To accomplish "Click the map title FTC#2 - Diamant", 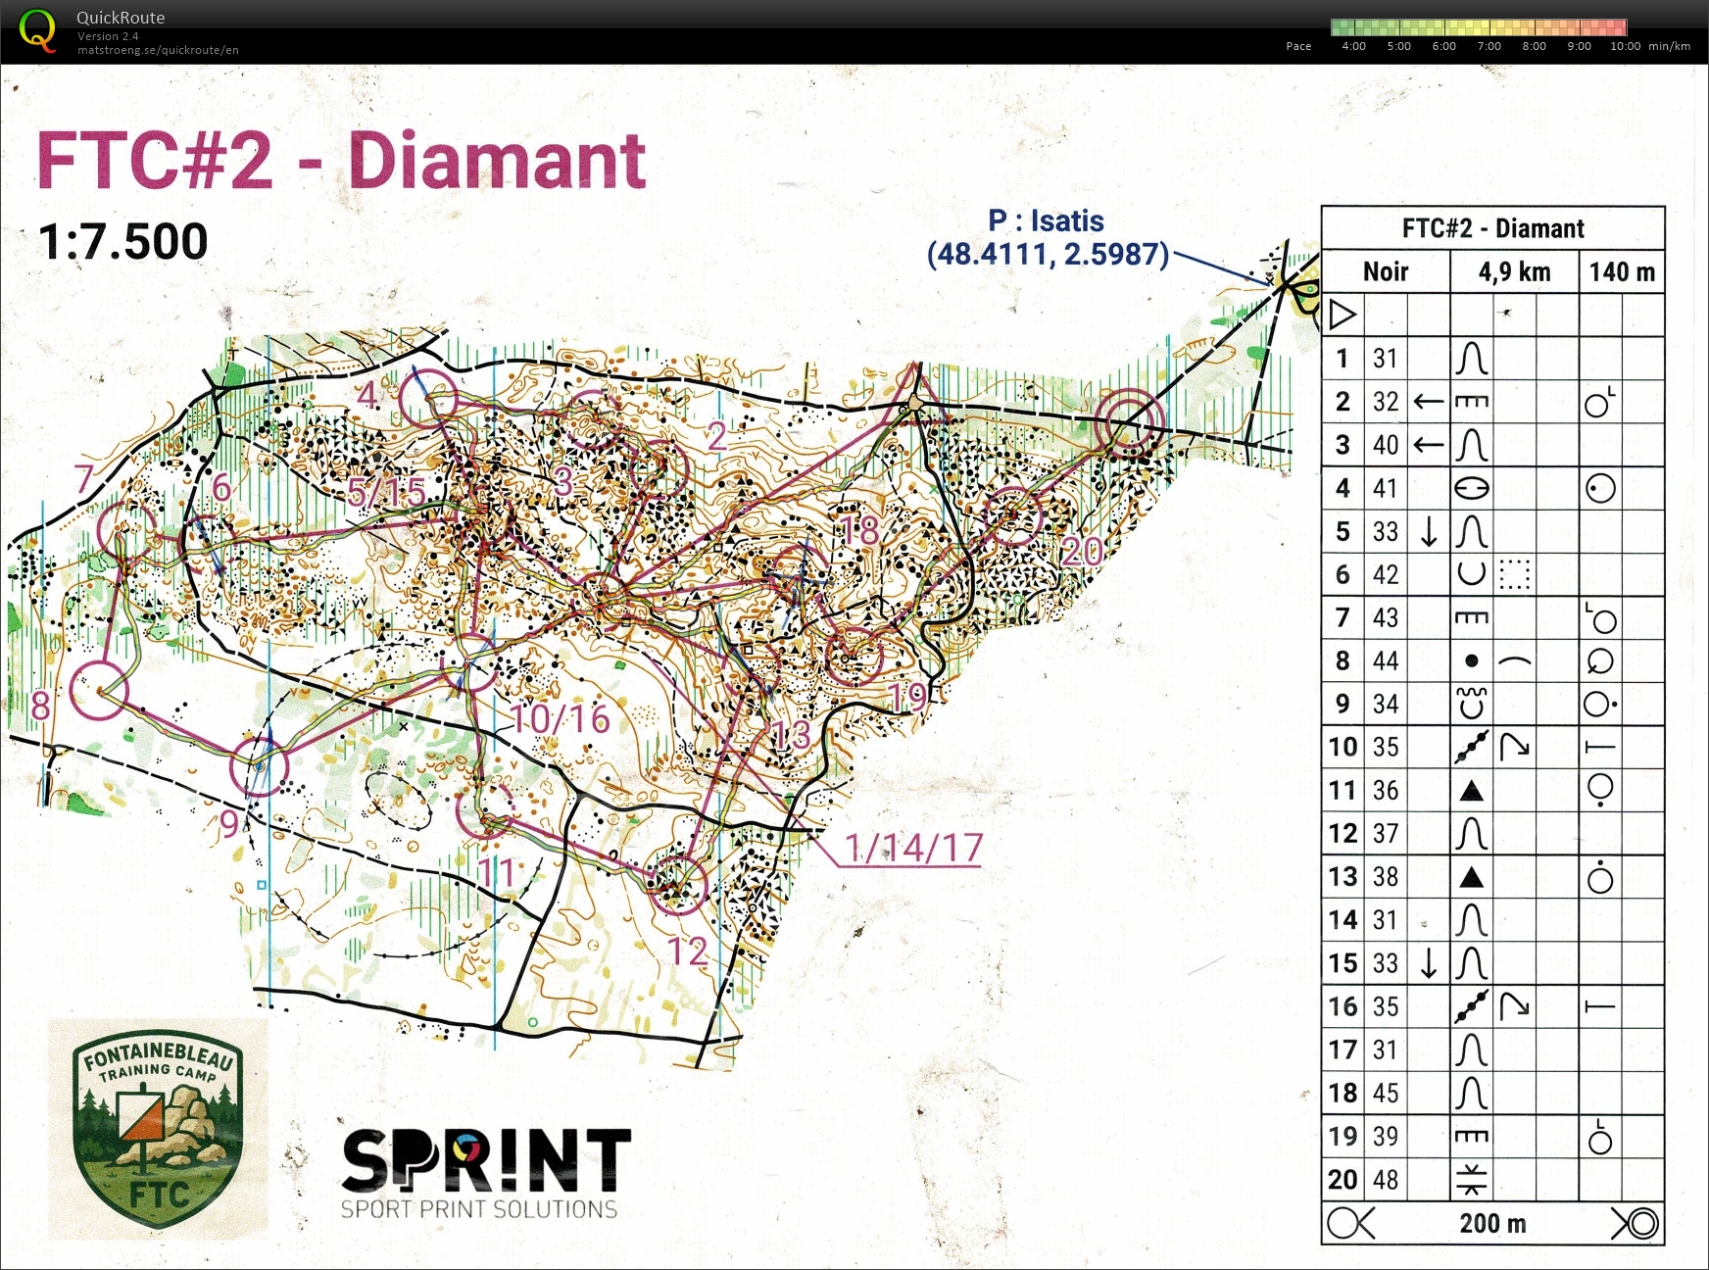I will (340, 162).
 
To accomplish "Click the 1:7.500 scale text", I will (122, 242).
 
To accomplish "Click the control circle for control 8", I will (99, 690).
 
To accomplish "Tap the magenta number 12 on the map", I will (688, 952).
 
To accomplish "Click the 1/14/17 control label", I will (913, 849).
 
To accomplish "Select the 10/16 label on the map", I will (561, 720).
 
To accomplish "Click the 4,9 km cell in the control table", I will (1514, 271).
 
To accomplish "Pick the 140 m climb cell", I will (1622, 271).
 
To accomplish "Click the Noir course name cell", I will (1385, 271).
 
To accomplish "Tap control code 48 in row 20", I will (1385, 1179).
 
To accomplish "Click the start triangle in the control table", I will (1343, 315).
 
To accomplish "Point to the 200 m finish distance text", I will (1492, 1224).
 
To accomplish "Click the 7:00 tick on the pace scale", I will (1489, 46).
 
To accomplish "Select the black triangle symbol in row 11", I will (1471, 791).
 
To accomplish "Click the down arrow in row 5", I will (1429, 531).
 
